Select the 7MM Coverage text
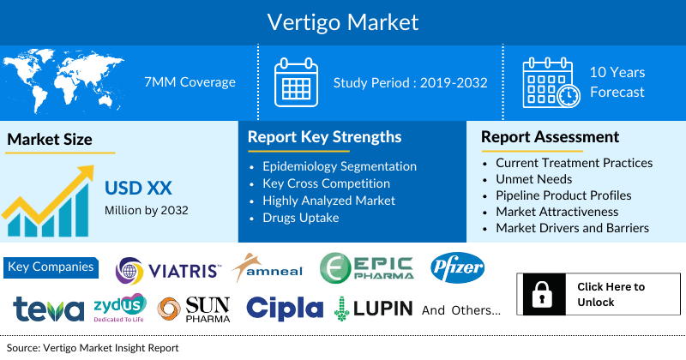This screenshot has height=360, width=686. (190, 82)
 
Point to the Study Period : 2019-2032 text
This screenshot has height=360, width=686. (410, 82)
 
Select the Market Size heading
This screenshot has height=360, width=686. (50, 139)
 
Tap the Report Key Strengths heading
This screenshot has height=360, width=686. (324, 137)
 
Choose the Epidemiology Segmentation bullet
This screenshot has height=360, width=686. (340, 166)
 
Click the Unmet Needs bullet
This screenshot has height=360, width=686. (534, 178)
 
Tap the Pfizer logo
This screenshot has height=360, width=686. (457, 267)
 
